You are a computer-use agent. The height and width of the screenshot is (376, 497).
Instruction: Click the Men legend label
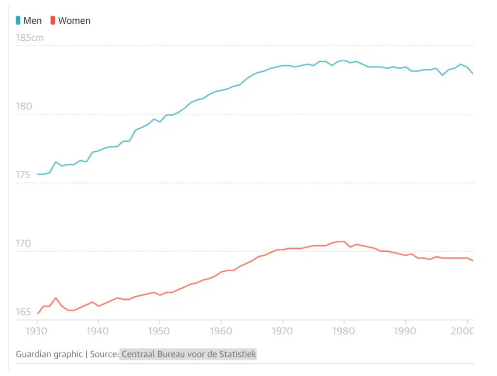[x=33, y=21]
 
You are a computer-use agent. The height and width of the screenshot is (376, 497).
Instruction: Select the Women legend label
[x=74, y=21]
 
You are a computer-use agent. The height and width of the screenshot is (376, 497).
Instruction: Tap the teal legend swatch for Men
[x=18, y=20]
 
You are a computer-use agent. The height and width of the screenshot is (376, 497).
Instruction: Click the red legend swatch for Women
[x=53, y=20]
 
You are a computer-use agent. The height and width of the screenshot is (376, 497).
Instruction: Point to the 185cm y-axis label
[x=30, y=38]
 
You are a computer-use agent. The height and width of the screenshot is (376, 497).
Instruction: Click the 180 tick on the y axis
[x=24, y=106]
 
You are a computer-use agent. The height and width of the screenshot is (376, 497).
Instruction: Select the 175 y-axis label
[x=24, y=175]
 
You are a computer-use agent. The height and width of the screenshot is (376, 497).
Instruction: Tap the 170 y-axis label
[x=24, y=244]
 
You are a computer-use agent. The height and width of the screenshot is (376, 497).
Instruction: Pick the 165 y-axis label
[x=24, y=312]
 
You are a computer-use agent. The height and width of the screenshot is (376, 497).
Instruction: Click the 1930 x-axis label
[x=37, y=331]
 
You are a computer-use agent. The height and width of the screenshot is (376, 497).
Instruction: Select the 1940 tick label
[x=98, y=331]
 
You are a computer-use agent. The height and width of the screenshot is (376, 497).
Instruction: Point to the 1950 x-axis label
[x=160, y=331]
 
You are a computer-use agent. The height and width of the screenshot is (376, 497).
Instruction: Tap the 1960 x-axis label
[x=221, y=331]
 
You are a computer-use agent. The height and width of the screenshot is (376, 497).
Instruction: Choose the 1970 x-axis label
[x=282, y=331]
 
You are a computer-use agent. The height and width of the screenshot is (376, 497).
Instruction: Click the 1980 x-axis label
[x=344, y=331]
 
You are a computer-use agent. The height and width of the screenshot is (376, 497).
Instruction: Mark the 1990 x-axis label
[x=405, y=331]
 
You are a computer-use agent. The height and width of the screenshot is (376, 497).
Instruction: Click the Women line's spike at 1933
[x=56, y=298]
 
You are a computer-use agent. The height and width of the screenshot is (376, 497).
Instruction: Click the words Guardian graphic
[x=49, y=354]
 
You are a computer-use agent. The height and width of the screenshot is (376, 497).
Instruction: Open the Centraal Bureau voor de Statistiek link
[x=189, y=354]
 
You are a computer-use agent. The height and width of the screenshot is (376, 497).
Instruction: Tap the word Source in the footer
[x=104, y=354]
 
